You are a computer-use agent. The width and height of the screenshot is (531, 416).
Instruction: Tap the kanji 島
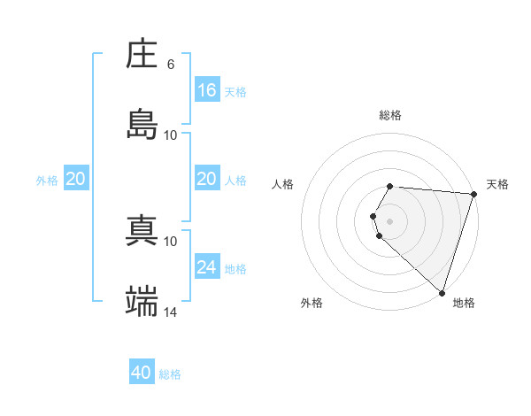(142, 125)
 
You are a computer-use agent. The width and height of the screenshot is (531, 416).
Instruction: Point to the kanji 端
(142, 302)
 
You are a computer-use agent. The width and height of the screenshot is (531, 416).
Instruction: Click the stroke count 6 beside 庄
(171, 65)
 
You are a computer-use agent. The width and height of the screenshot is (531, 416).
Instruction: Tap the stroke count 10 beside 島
(171, 135)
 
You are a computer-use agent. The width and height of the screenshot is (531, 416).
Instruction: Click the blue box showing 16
(207, 89)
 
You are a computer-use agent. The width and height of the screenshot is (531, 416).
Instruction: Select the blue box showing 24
(207, 266)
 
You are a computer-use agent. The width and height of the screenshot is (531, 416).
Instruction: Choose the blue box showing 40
(142, 373)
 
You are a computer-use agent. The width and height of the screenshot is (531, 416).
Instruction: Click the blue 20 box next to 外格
(76, 178)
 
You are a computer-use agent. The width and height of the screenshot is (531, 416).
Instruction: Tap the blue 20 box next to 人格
(207, 178)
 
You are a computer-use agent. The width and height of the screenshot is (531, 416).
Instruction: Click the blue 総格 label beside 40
(170, 374)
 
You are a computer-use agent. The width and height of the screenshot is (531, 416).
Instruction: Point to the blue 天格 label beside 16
(235, 91)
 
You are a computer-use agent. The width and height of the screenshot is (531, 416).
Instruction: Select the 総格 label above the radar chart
(390, 115)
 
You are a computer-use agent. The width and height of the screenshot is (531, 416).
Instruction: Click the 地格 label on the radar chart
(464, 303)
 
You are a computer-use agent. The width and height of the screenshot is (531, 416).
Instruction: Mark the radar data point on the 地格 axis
(442, 292)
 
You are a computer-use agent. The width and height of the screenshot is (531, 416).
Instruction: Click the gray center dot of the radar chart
(390, 220)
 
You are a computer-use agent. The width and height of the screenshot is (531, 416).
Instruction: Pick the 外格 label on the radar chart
(312, 303)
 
